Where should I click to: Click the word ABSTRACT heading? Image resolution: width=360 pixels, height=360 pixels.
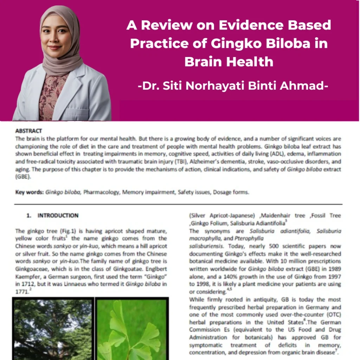[28, 131]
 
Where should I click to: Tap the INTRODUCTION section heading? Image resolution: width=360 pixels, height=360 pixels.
[58, 216]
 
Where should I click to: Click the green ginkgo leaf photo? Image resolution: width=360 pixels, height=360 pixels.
[132, 330]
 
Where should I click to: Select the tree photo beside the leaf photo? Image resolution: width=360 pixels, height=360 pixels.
[53, 330]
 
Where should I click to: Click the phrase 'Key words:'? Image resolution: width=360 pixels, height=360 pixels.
[30, 192]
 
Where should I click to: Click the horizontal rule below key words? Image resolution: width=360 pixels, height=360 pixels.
[178, 204]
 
